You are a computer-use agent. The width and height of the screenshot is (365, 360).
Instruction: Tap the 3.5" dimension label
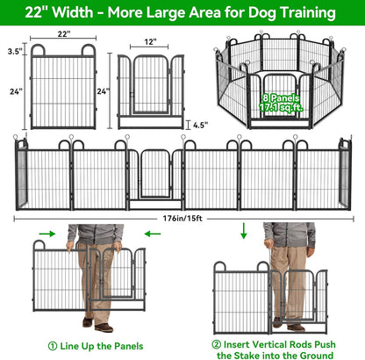[14, 52]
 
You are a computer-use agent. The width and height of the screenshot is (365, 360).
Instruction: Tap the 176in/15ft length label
[182, 217]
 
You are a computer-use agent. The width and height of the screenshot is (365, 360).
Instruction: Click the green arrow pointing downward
[241, 231]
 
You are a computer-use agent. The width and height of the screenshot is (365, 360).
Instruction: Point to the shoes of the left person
[104, 326]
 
